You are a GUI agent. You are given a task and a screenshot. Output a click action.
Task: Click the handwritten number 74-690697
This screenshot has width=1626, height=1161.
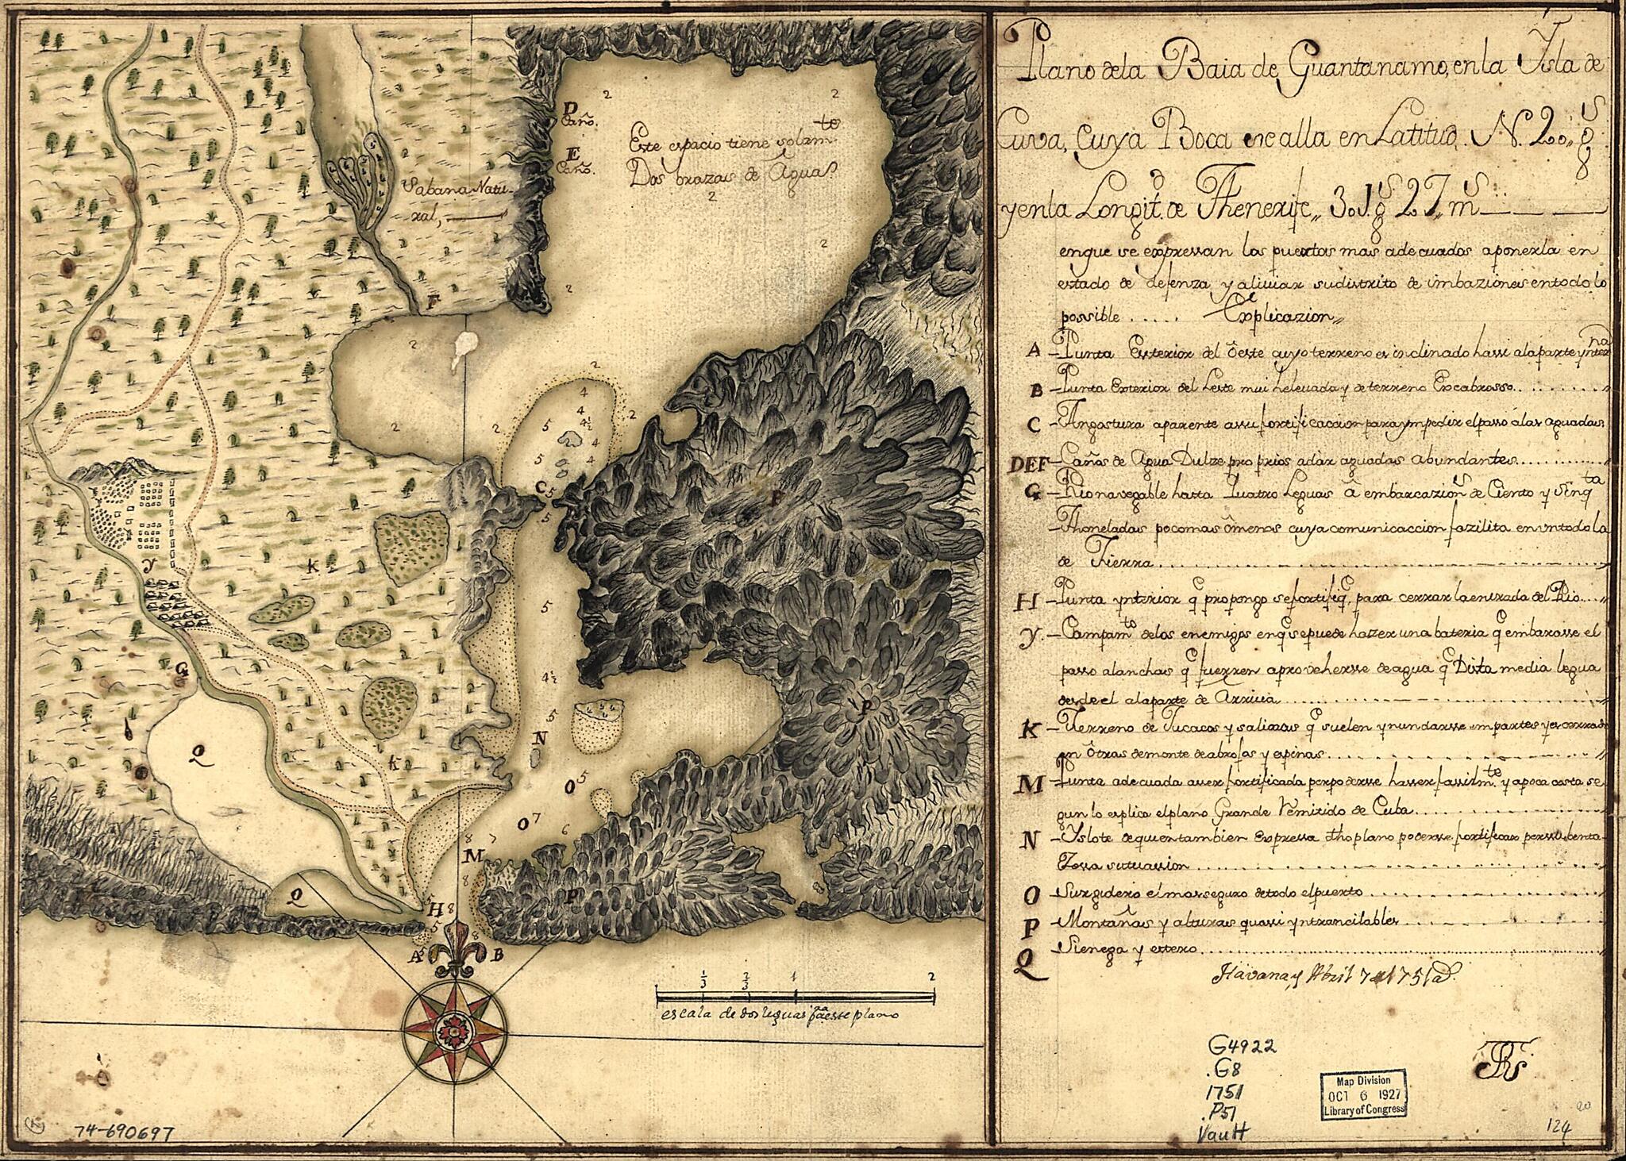tap(122, 1133)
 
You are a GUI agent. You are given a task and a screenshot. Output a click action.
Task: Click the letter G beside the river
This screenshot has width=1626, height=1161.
tap(182, 669)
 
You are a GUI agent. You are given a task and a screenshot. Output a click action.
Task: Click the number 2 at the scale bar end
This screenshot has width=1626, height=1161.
tap(931, 975)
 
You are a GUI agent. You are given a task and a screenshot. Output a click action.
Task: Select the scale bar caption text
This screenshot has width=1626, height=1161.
tap(778, 1015)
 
